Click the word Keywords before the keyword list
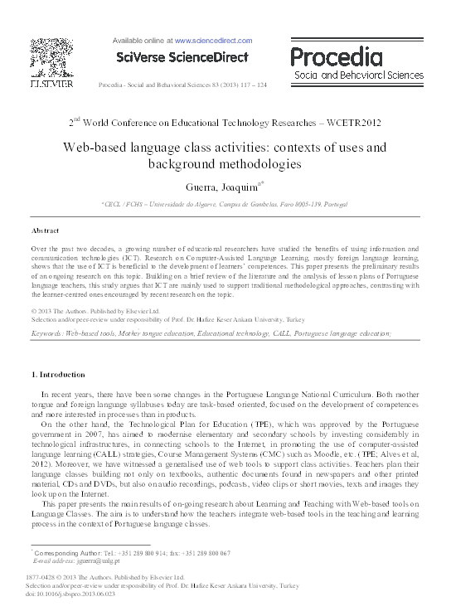click(47, 332)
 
